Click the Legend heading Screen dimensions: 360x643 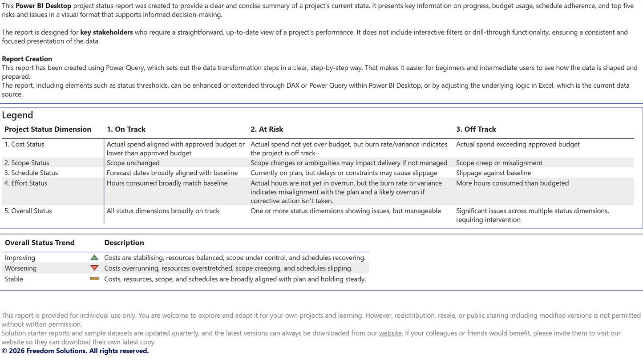[17, 115]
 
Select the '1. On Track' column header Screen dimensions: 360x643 [126, 129]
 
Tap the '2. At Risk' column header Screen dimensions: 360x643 [267, 129]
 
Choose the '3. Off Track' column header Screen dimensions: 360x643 [476, 129]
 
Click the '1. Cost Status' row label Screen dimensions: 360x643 [24, 145]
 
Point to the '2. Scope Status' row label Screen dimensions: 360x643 [27, 163]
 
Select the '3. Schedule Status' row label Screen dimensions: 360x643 [31, 173]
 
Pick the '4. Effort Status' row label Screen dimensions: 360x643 [26, 183]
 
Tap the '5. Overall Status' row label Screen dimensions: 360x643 [28, 211]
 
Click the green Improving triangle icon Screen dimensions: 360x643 [94, 258]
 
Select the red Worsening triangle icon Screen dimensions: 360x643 [94, 268]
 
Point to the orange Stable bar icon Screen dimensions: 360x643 [94, 279]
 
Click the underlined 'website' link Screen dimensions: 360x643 [390, 333]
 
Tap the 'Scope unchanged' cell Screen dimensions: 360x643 [133, 163]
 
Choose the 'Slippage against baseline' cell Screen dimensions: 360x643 [493, 173]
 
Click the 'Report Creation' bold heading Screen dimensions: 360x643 [27, 59]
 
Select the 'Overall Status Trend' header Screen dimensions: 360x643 [40, 243]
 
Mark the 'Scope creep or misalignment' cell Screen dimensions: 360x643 [499, 163]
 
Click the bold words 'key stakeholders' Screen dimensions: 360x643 [106, 32]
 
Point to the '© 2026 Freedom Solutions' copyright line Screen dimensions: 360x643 [75, 351]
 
